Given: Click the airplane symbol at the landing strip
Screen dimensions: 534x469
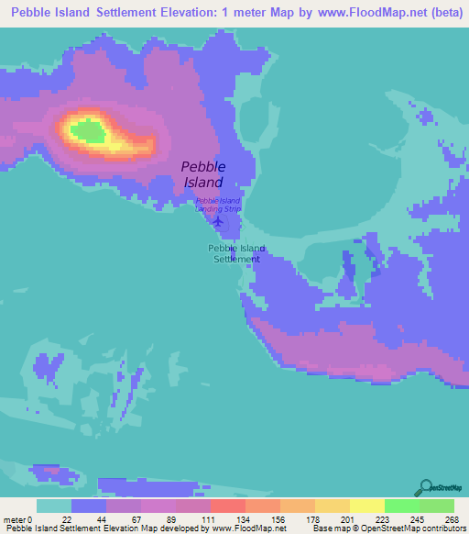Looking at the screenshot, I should point(217,221).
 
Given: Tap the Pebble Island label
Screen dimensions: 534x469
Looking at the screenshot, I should point(202,174).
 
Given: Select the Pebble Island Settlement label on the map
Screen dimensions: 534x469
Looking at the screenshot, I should point(236,253).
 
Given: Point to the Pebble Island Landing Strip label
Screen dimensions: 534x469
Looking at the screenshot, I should point(218,205).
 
